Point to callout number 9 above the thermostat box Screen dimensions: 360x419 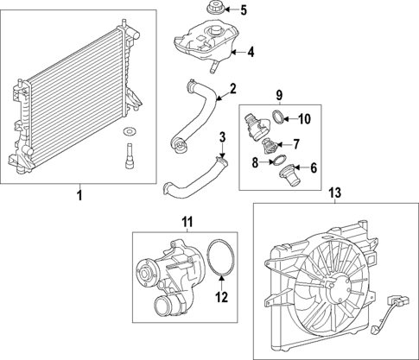pos(279,93)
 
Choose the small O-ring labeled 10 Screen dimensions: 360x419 pos(276,117)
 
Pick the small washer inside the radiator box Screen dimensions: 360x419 pos(130,131)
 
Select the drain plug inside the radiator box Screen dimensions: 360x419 pos(130,159)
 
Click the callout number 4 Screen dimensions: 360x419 pos(251,52)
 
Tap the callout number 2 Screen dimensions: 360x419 pos(232,88)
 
